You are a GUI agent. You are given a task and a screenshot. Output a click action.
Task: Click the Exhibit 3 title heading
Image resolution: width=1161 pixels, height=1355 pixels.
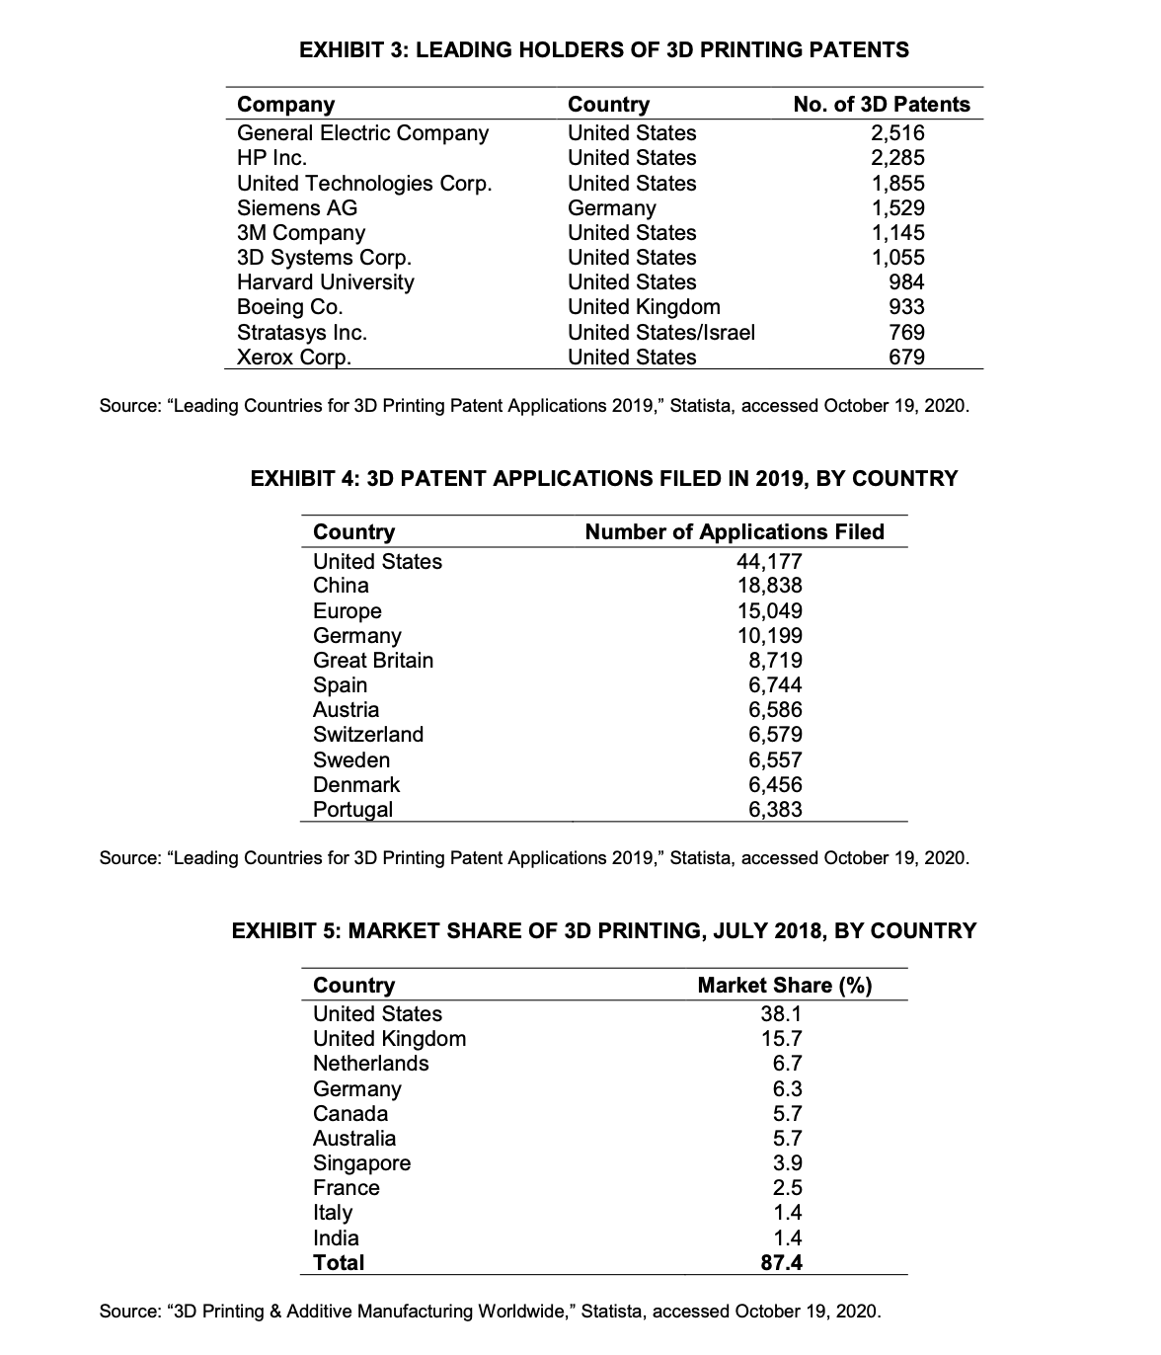(x=603, y=49)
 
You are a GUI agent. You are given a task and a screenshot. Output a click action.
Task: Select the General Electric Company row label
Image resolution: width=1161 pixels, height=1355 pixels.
(x=362, y=133)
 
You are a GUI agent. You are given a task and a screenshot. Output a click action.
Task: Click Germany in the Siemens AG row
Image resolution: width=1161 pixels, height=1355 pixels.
(x=611, y=208)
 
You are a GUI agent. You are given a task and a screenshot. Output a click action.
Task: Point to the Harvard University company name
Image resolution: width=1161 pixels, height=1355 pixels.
(x=325, y=282)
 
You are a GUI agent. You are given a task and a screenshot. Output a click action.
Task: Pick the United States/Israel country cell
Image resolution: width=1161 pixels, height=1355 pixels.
(x=660, y=333)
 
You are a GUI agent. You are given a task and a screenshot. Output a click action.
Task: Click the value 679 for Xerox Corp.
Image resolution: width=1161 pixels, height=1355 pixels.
(x=906, y=358)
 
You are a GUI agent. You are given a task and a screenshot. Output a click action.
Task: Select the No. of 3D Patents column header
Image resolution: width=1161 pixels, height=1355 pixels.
(x=882, y=105)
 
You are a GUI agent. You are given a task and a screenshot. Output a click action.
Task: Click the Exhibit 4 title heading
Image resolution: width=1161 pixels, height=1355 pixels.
(x=604, y=479)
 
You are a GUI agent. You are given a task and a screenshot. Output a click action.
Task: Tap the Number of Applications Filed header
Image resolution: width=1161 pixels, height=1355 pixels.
(x=735, y=532)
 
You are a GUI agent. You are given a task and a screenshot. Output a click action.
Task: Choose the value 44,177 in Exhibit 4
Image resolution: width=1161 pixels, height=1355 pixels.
(x=769, y=562)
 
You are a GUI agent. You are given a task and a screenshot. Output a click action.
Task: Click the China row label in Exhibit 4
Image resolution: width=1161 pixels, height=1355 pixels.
(x=341, y=586)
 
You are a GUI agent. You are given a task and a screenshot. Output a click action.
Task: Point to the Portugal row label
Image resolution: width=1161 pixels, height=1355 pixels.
(x=352, y=810)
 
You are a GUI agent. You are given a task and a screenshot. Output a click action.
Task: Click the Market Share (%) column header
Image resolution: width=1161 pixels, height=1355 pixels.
(x=784, y=986)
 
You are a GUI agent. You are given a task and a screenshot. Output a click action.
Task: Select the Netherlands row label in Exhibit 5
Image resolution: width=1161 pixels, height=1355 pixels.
(x=370, y=1064)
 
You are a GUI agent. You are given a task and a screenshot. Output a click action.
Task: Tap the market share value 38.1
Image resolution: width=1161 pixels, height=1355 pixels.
(x=781, y=1014)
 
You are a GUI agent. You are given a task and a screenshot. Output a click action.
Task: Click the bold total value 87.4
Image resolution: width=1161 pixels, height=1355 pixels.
(x=781, y=1263)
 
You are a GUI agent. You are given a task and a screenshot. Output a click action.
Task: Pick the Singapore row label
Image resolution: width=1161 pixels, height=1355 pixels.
(x=361, y=1163)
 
